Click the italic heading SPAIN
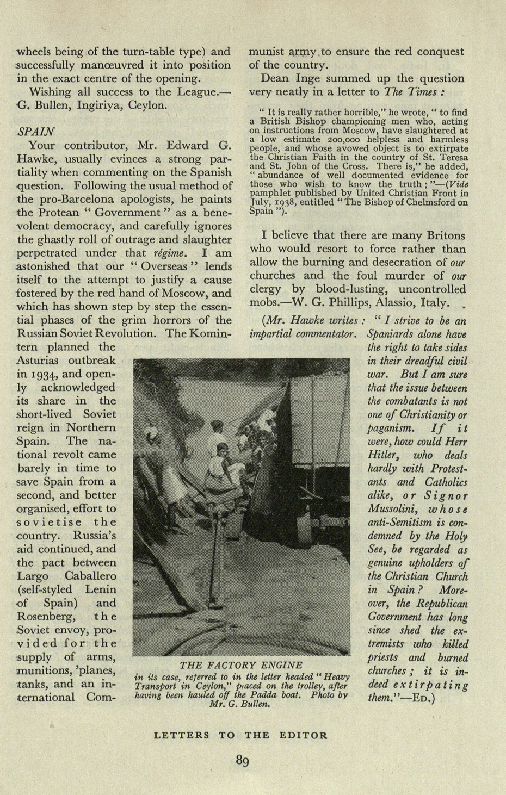pyautogui.click(x=36, y=132)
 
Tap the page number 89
pyautogui.click(x=243, y=760)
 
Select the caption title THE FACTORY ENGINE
pyautogui.click(x=241, y=665)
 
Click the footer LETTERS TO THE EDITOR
pyautogui.click(x=241, y=736)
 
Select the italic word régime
pyautogui.click(x=171, y=253)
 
